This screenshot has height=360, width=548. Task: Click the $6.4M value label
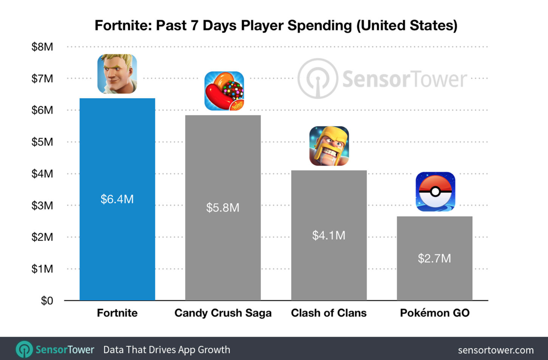[117, 199]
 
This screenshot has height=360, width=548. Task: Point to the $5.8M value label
[223, 208]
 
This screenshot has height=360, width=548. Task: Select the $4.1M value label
[329, 235]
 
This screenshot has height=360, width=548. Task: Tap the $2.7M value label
[434, 258]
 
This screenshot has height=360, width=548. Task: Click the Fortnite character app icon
[117, 74]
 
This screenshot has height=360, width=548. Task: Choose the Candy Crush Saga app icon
[224, 91]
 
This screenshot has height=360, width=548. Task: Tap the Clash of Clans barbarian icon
[329, 146]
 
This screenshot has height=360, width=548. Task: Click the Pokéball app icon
[435, 192]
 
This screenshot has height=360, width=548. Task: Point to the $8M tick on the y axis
[42, 47]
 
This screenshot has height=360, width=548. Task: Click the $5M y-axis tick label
[42, 142]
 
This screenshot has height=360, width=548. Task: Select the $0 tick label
[47, 301]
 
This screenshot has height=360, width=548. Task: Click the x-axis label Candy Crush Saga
[223, 313]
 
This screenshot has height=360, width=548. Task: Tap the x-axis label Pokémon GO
[434, 313]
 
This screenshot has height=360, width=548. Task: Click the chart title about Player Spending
[276, 25]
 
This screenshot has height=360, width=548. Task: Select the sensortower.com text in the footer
[496, 350]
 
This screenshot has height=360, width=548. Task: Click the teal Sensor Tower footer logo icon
[24, 350]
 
